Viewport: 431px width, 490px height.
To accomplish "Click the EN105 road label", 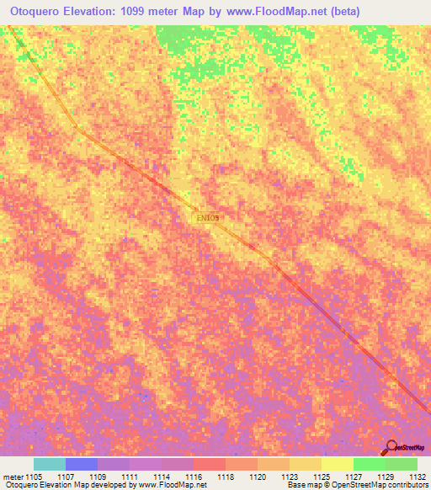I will tap(207, 218).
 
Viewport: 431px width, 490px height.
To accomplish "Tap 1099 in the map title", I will tap(147, 11).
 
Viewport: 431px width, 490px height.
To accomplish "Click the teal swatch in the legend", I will tap(50, 464).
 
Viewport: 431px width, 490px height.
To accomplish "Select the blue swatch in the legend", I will tap(82, 464).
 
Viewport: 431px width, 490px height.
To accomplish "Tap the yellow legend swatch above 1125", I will tap(338, 464).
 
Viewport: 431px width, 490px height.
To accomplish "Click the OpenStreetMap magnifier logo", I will tap(391, 448).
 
